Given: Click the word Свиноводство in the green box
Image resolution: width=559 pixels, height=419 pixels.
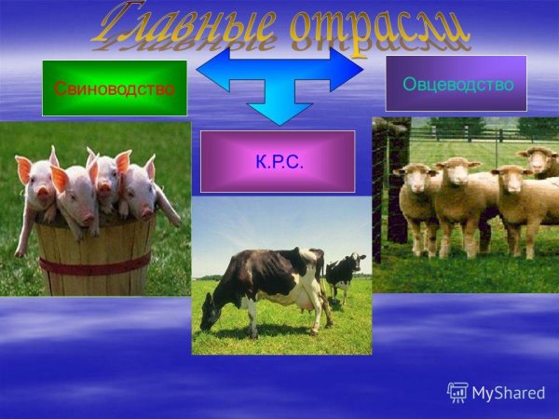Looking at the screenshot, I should coord(115,89).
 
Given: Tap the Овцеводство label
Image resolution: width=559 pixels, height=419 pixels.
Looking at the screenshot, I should coord(457,85).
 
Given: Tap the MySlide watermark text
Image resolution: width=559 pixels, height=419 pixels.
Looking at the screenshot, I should coord(509,392).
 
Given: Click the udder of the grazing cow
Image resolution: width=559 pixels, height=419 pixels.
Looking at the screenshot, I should coord(303,300).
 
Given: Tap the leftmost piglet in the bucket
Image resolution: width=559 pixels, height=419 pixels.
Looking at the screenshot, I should coord(35,186).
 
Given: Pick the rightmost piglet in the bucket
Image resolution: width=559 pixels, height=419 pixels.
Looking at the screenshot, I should coord(144,186).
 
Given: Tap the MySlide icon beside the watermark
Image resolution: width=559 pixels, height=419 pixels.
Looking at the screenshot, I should coord(458,392).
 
